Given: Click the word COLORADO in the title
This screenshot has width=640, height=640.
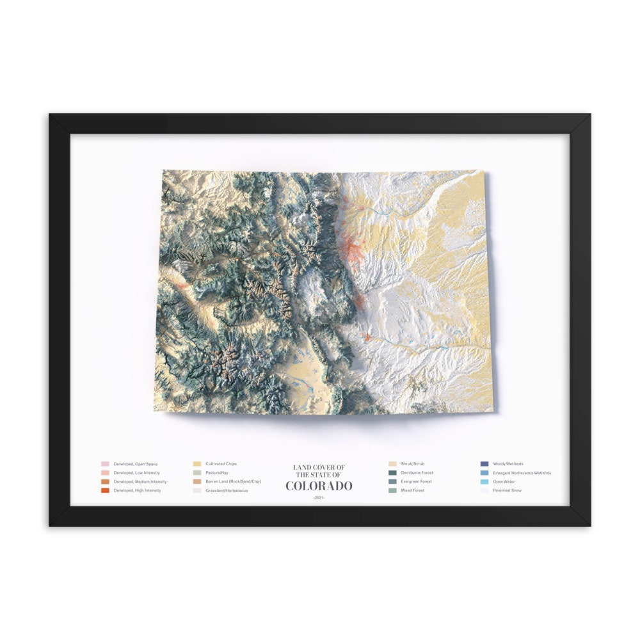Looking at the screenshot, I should click(319, 486).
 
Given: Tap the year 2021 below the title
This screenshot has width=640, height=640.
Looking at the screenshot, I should click(319, 497).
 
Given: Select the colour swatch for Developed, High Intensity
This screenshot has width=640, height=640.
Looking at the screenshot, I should click(105, 490).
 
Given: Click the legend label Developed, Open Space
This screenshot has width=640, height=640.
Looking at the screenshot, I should click(135, 463).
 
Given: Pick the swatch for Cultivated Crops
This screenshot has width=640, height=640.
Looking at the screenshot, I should click(197, 463).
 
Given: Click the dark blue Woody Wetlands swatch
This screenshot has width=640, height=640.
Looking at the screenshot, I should click(484, 463).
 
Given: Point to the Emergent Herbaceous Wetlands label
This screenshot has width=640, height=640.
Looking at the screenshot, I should click(522, 472).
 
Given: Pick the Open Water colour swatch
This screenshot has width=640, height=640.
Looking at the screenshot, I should click(484, 481).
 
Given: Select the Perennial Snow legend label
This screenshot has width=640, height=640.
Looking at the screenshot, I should click(507, 490).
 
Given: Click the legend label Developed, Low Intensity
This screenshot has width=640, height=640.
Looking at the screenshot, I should click(136, 472).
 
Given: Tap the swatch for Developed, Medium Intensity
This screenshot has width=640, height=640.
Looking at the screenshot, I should click(105, 481).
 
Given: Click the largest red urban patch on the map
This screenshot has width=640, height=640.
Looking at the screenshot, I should click(353, 249).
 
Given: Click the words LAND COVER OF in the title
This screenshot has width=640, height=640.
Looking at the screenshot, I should click(319, 467).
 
